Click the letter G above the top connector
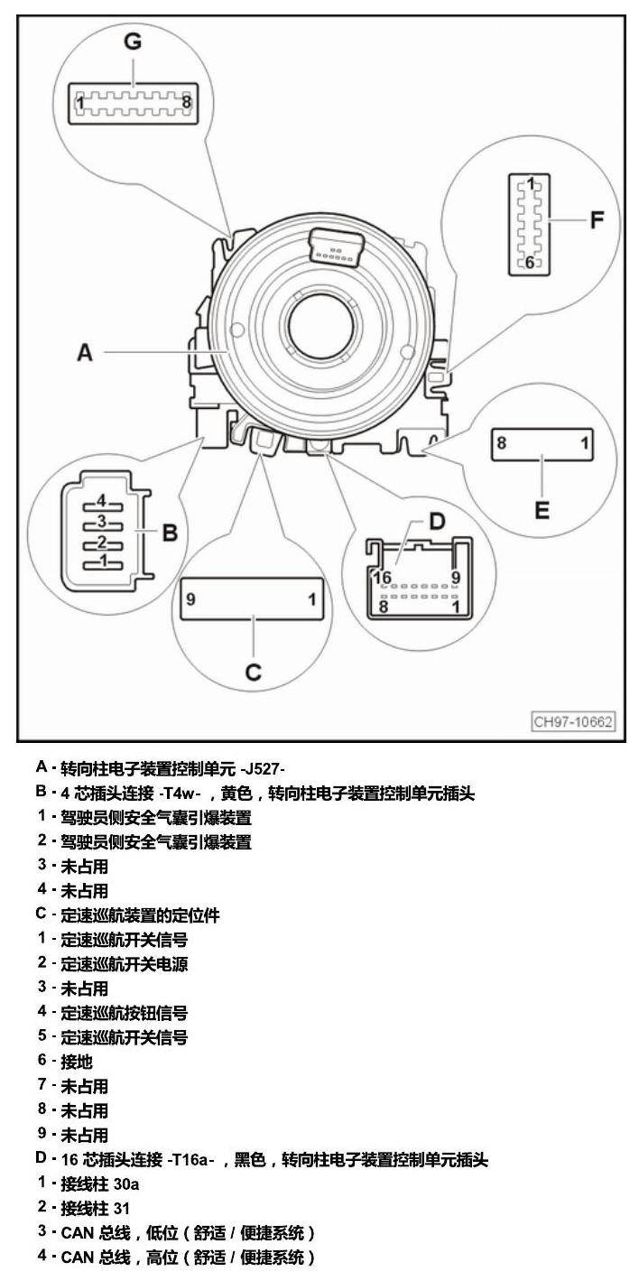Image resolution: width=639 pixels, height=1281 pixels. (133, 42)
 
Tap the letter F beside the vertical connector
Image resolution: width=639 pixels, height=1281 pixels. (597, 220)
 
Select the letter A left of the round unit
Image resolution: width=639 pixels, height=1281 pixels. (85, 352)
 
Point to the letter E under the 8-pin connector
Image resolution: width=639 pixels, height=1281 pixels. (542, 509)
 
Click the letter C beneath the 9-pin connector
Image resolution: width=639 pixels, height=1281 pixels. (254, 672)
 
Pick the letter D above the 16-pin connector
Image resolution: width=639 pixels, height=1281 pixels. (437, 522)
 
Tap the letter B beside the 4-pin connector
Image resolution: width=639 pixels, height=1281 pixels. (170, 533)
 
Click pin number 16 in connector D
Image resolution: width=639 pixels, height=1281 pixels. (383, 578)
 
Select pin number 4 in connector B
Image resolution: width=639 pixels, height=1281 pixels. (102, 501)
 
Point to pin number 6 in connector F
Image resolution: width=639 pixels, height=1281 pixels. (529, 263)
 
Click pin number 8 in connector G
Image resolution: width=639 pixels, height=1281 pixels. (186, 103)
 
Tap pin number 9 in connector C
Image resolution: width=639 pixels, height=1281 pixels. (191, 599)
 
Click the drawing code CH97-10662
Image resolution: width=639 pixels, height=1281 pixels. (573, 721)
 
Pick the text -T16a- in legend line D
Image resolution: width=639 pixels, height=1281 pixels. (191, 1160)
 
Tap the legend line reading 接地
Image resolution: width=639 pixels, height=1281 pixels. (77, 1062)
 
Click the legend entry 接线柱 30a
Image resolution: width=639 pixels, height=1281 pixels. (100, 1184)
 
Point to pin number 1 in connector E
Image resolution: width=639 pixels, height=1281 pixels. (584, 443)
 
